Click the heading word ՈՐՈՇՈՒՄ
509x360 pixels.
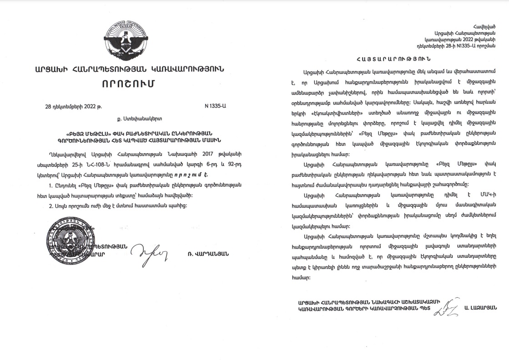(x=128, y=85)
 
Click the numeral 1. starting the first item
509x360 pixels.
(x=50, y=186)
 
